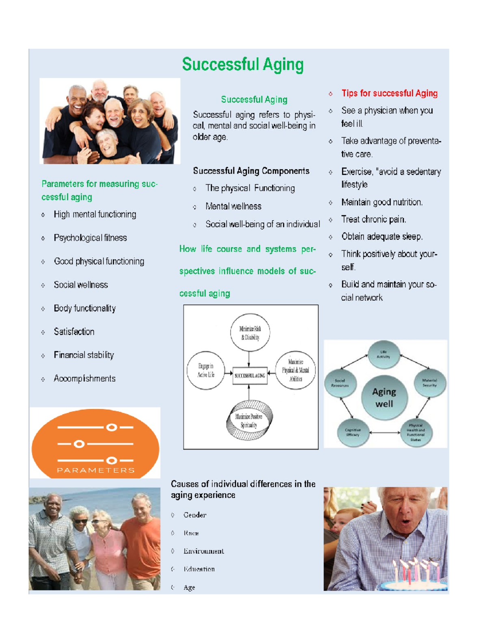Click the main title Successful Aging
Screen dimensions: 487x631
[x=243, y=65]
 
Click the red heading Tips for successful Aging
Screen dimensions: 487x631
[x=389, y=93]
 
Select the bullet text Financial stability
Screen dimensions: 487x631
[x=84, y=355]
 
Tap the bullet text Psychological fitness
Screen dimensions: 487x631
[x=90, y=238]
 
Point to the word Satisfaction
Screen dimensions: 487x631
[x=74, y=332]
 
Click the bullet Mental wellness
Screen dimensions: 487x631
[x=233, y=206]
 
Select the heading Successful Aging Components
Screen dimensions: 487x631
[x=251, y=171]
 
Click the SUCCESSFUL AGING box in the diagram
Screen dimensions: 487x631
[x=249, y=375]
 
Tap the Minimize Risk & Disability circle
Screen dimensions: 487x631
[x=250, y=333]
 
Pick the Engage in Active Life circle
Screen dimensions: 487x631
[x=206, y=370]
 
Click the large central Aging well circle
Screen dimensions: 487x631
[x=384, y=397]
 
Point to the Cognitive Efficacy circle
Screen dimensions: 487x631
[x=352, y=432]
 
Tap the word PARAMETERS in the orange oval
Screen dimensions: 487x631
[x=95, y=470]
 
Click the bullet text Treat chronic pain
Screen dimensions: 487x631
[x=373, y=220]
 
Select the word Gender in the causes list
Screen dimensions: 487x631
[x=195, y=515]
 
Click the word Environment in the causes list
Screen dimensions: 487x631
[x=203, y=551]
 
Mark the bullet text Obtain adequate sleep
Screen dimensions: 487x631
[x=381, y=237]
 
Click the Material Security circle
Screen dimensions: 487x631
[x=429, y=383]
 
